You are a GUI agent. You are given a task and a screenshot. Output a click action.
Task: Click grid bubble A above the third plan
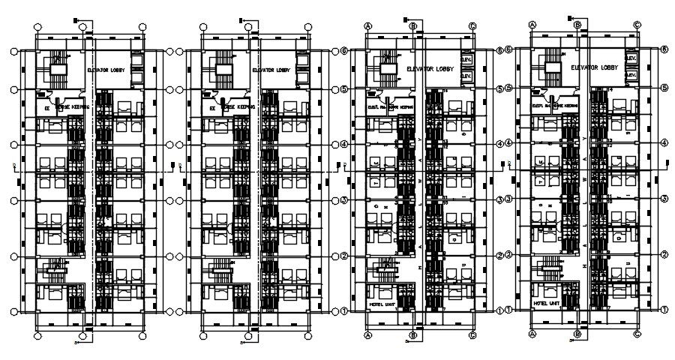point(368,25)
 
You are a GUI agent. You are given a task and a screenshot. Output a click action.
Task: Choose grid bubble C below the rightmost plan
point(636,334)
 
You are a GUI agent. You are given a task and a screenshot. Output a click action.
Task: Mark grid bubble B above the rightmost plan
point(577,25)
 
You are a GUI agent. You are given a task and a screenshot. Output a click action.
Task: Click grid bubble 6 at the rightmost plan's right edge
point(664,49)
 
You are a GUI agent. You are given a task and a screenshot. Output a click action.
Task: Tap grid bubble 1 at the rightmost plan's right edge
point(664,309)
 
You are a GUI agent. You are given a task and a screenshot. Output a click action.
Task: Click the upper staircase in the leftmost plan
point(56,68)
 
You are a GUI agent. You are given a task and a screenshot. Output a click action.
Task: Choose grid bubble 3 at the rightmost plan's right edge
point(664,199)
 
